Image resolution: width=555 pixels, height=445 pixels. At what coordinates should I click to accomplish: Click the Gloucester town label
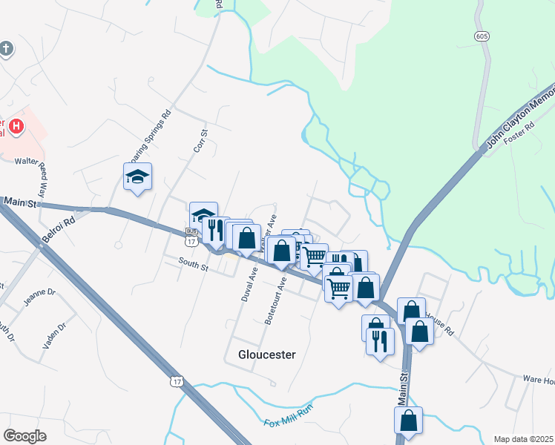point(266,355)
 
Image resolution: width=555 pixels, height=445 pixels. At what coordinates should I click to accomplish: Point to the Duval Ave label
point(249,283)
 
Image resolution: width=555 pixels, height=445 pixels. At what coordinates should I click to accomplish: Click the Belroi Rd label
point(60,229)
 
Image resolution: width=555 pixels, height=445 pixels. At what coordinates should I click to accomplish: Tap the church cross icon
point(6,50)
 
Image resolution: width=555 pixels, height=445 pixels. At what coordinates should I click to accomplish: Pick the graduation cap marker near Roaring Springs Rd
point(137,177)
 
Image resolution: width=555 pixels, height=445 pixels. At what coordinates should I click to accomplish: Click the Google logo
point(26,435)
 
